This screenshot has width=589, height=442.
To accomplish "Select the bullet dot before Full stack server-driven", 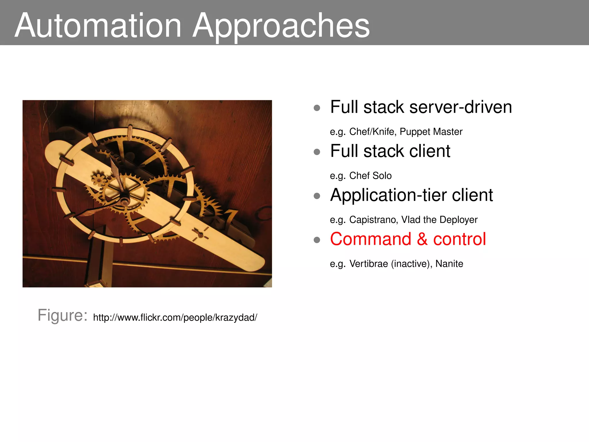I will [x=317, y=108].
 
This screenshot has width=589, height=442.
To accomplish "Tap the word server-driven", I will [x=460, y=107].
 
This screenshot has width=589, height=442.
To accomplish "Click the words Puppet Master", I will [x=431, y=132].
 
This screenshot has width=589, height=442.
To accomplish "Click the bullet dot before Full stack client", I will [x=317, y=152].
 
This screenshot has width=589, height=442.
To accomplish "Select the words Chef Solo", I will [x=370, y=176].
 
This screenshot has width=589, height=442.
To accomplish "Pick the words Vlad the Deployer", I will [x=439, y=220].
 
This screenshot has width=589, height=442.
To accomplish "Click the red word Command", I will [x=371, y=239].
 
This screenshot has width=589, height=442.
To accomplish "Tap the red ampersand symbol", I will [x=422, y=239].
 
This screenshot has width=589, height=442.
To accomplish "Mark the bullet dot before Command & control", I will [x=317, y=240].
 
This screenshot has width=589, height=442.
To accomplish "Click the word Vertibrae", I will [x=368, y=264].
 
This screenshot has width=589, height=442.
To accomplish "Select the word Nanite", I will [x=449, y=264].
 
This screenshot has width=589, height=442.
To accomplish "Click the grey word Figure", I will [x=62, y=315].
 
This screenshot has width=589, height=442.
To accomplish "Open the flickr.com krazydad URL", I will [x=175, y=318].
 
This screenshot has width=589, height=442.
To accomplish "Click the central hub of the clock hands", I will [x=125, y=201].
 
